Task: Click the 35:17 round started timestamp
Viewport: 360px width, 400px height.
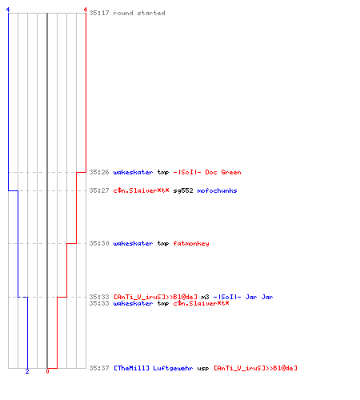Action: tap(99, 13)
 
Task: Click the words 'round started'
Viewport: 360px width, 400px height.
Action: tap(139, 13)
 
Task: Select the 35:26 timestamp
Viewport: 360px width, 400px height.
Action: tap(99, 172)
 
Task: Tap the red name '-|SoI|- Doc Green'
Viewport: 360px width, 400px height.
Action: tap(207, 172)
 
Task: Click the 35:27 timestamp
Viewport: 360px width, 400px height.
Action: tap(99, 190)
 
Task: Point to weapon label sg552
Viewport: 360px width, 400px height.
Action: tap(183, 190)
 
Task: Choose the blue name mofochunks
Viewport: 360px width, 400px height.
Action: tap(217, 190)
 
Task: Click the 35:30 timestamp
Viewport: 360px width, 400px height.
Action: tap(99, 243)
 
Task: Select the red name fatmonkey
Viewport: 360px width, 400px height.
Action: tap(191, 243)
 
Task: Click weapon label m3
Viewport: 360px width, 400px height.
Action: tap(205, 297)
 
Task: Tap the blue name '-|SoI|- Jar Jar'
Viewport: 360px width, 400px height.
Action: tap(243, 297)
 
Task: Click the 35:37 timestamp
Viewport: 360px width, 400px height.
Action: tap(99, 368)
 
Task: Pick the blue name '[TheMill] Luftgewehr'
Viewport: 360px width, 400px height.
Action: tap(154, 368)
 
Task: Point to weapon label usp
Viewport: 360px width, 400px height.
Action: tap(203, 369)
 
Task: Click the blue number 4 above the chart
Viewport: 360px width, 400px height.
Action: tap(8, 10)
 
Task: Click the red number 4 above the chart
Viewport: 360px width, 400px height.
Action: tap(86, 10)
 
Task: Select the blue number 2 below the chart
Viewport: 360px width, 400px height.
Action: tap(27, 371)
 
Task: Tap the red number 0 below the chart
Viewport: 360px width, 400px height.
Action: tap(47, 371)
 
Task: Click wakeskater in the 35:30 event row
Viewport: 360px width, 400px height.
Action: tap(133, 243)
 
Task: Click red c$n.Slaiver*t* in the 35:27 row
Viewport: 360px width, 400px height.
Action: tap(141, 190)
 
